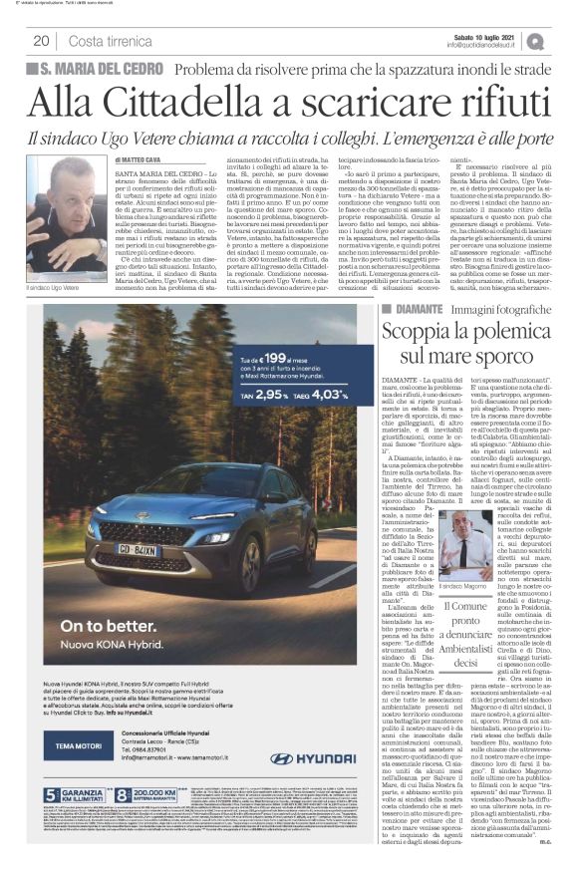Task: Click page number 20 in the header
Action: tap(41, 41)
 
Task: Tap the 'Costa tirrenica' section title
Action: tap(106, 41)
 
